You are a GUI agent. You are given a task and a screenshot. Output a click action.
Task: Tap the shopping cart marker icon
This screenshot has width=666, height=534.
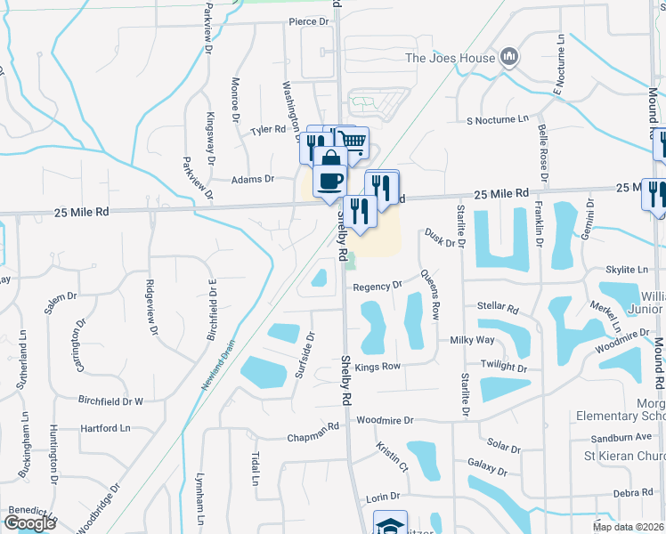pyautogui.click(x=353, y=141)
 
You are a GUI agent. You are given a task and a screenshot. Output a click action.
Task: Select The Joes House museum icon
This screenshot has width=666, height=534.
pyautogui.click(x=509, y=58)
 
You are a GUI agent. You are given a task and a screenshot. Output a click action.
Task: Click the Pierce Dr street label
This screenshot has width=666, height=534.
pyautogui.click(x=308, y=21)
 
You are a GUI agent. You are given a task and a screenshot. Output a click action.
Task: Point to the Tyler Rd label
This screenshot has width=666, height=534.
pyautogui.click(x=267, y=130)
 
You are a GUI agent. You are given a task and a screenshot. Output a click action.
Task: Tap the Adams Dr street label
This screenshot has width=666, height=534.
pyautogui.click(x=252, y=179)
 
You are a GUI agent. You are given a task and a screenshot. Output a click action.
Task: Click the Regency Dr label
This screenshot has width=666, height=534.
pyautogui.click(x=378, y=287)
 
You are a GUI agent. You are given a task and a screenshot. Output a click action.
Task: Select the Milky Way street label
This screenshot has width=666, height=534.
pyautogui.click(x=472, y=340)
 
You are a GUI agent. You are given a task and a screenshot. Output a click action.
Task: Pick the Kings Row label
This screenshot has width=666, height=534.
pyautogui.click(x=378, y=366)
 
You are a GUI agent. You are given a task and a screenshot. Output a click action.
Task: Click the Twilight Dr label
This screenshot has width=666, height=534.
pyautogui.click(x=504, y=367)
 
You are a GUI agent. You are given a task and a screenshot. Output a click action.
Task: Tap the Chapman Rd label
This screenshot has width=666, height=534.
pyautogui.click(x=313, y=438)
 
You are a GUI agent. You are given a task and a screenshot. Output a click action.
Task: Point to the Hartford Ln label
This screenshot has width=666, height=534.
pyautogui.click(x=105, y=428)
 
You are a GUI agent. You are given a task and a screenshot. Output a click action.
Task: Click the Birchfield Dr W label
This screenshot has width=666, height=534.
pyautogui.click(x=110, y=401)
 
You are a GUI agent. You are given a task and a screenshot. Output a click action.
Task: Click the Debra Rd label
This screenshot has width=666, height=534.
pyautogui.click(x=633, y=493)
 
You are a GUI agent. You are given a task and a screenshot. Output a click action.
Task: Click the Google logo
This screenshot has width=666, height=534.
pyautogui.click(x=29, y=523)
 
